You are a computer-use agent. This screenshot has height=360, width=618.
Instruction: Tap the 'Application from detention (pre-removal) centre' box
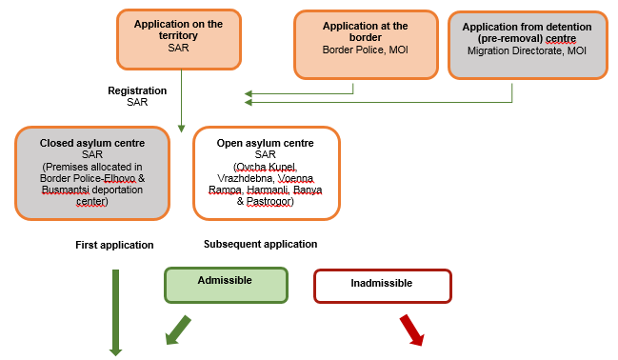click(527, 44)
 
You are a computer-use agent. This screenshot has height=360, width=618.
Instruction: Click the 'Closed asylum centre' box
click(91, 171)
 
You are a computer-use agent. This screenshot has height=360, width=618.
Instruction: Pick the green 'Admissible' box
click(225, 284)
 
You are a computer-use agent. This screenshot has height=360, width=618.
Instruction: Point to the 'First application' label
click(114, 246)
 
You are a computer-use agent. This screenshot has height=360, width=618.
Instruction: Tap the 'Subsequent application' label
click(260, 244)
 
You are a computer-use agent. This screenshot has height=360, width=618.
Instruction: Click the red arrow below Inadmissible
click(410, 329)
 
